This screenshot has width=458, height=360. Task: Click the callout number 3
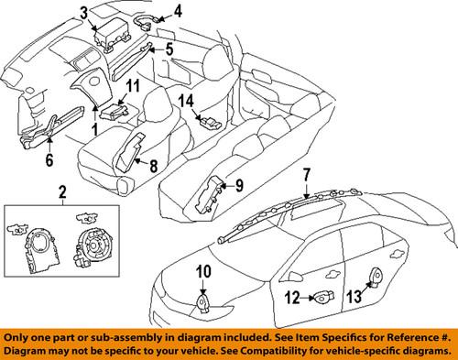84,13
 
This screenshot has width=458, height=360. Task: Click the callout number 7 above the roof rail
307,175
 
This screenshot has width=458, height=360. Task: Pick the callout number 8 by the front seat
153,168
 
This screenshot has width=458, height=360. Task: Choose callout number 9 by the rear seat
238,186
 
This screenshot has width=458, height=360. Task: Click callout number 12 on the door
294,297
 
